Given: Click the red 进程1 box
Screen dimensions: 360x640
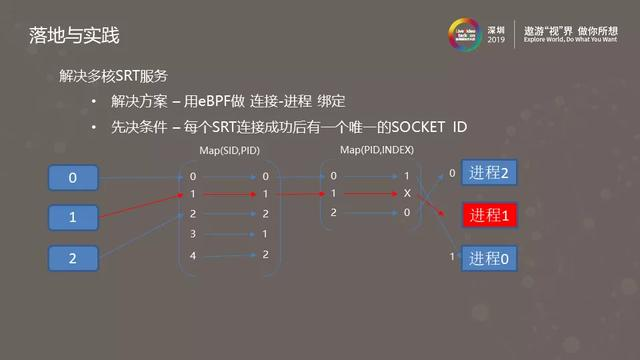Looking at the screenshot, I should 490,215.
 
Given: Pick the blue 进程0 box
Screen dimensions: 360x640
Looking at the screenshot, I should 490,257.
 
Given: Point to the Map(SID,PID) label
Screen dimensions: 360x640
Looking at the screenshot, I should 230,151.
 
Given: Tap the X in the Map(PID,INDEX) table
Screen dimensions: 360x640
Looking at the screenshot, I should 406,194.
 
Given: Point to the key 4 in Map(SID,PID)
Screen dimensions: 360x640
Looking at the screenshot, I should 193,255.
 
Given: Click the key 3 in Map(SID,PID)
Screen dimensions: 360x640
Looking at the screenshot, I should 193,234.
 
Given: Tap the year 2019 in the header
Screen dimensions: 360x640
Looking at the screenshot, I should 497,41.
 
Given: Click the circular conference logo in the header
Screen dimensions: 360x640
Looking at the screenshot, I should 466,34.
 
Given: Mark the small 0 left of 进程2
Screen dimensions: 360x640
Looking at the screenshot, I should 452,173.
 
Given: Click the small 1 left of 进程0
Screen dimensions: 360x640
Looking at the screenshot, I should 452,257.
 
